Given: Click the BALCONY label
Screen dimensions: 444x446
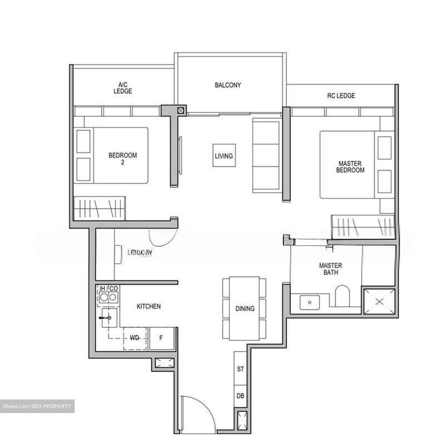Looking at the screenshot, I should [228, 85].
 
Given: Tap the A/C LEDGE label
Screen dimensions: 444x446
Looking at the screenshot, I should [123, 88].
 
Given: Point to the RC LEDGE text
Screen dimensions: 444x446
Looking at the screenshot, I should [341, 96].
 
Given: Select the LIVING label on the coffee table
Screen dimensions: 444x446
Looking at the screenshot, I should [224, 156].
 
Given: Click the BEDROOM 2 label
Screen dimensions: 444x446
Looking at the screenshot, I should [123, 158].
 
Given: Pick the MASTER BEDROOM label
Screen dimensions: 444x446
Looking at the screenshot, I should [350, 167].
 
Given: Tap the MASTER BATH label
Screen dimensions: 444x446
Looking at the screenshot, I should [330, 269].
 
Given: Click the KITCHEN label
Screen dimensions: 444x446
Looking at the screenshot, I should [149, 306].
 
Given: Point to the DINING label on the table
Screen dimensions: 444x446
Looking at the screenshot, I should [245, 309].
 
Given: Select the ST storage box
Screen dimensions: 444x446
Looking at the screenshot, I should [240, 369].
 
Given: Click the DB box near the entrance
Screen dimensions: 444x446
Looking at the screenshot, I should [240, 396].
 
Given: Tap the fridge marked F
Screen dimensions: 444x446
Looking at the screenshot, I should [161, 339].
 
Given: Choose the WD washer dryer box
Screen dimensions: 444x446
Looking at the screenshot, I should [135, 338].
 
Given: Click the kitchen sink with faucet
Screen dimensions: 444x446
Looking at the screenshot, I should [109, 318].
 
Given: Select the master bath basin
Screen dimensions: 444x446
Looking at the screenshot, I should [309, 302].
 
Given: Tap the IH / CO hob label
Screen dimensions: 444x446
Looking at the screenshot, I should [108, 289].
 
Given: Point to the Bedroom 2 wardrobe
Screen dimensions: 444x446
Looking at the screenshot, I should [99, 208].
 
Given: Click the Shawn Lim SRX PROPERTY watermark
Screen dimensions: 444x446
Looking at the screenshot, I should [37, 406].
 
